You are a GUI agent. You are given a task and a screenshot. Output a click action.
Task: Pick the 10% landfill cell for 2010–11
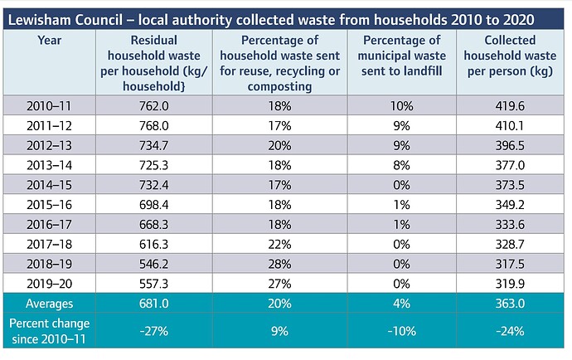(x=401, y=105)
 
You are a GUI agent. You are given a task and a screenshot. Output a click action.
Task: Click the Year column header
(x=49, y=40)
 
